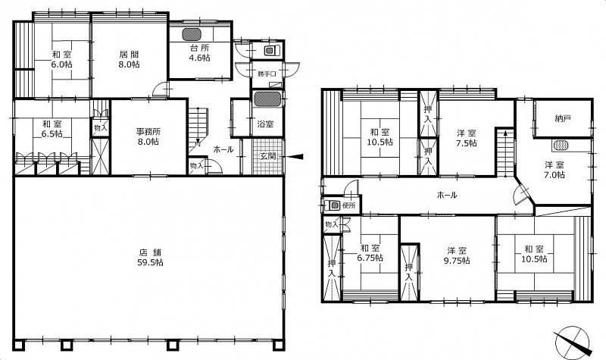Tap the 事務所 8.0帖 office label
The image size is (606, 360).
coord(149,136)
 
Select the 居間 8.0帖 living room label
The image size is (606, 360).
coord(129,59)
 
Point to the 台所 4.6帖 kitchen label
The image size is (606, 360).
coord(199,53)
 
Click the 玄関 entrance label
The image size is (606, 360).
coord(267,157)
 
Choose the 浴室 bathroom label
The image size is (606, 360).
coord(266,124)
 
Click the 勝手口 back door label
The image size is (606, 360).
coord(267,74)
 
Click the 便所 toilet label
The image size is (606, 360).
coord(349,205)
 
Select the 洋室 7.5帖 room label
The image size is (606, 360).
coord(467,138)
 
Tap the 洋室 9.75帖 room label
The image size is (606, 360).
coord(457,255)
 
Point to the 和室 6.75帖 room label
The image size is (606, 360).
coord(370,252)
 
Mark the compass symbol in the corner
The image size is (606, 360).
coord(573,342)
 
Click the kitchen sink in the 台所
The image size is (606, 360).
coord(192,34)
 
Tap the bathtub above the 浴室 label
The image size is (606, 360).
coord(268,100)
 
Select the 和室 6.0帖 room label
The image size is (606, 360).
coord(62,59)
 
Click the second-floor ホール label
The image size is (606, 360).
coord(447,195)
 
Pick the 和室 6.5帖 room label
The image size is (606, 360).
coord(52,129)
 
